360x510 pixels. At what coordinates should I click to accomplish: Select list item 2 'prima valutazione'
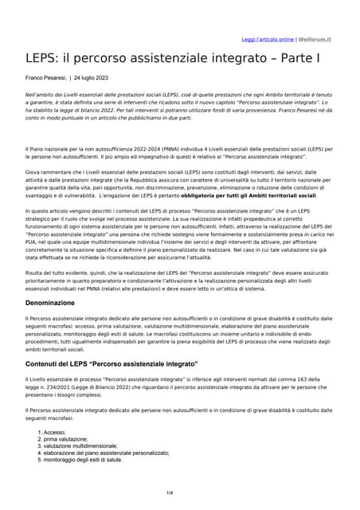66,439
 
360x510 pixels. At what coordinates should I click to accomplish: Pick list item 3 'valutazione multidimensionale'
80,446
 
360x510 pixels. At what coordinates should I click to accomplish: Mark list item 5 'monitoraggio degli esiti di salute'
83,460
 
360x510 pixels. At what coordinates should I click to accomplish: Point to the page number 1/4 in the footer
170,493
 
